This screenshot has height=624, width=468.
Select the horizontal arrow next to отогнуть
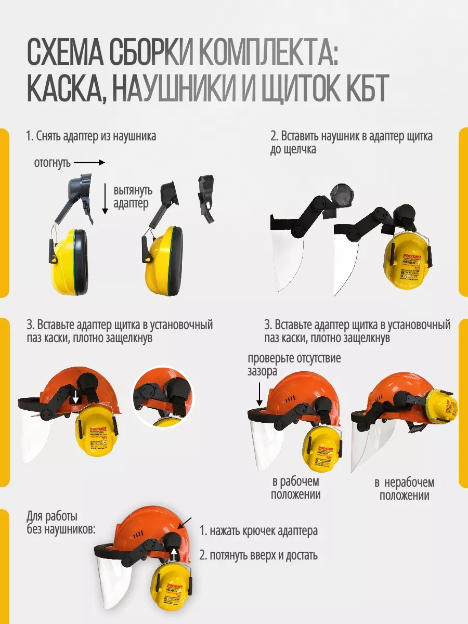(93, 163)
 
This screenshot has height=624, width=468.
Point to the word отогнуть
(53, 163)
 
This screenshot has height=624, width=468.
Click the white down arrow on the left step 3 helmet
(76, 397)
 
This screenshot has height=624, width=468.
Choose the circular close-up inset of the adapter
(163, 396)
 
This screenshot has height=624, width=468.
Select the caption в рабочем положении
(295, 488)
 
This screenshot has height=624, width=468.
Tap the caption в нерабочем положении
(404, 489)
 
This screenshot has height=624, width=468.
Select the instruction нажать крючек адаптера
(258, 531)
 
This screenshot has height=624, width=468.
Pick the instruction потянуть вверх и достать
(258, 555)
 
